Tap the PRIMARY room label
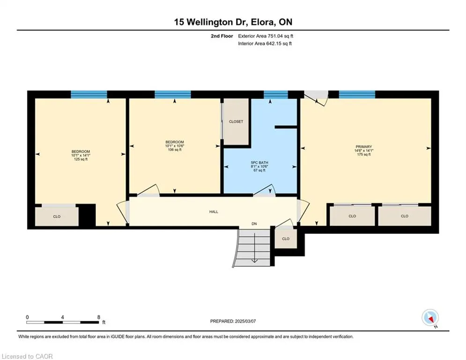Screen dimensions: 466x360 tap(364, 147)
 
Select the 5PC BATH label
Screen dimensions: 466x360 tap(259, 163)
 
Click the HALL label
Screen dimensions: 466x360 tap(214, 212)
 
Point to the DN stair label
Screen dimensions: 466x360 tap(254, 224)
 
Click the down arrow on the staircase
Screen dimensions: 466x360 tap(254, 248)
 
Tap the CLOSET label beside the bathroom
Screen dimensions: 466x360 tap(236, 122)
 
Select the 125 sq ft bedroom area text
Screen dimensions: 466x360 tap(81, 159)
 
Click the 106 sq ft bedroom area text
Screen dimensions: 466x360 tap(175, 150)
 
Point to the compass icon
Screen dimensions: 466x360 tap(430, 318)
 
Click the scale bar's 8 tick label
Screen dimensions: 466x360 tap(99, 317)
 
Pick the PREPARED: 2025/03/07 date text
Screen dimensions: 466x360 tap(233, 321)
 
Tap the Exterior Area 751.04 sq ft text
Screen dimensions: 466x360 tap(266, 36)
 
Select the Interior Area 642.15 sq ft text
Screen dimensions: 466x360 tap(265, 44)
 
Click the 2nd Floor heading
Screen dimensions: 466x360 tap(222, 36)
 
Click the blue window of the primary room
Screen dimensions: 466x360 tap(357, 94)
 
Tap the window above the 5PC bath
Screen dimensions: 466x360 tap(276, 94)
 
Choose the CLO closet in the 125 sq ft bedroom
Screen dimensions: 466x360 tap(57, 216)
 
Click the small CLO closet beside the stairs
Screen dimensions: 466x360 tap(286, 239)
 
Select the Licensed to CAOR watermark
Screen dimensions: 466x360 tap(27, 356)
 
